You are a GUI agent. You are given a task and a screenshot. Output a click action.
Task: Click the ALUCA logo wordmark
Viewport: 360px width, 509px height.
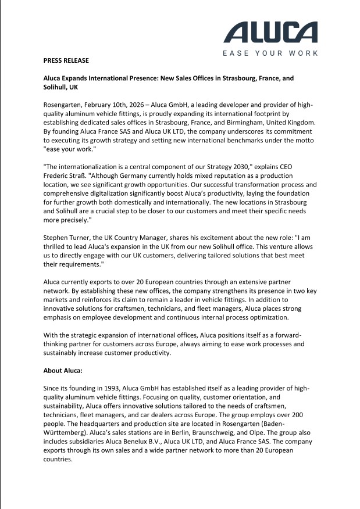pos(271,33)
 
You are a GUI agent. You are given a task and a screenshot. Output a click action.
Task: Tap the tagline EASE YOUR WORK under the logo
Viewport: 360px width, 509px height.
pos(271,53)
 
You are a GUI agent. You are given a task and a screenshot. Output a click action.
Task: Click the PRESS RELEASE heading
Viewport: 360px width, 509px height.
pos(66,60)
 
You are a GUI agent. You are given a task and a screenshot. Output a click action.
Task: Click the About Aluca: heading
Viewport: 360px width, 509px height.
pos(66,370)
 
